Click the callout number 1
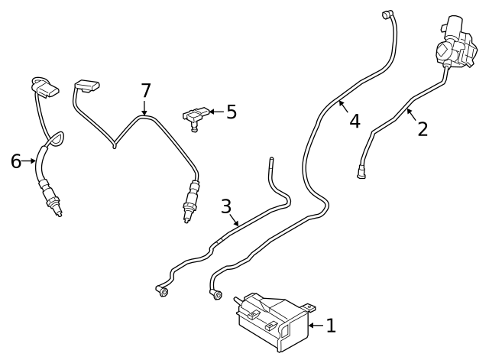pyautogui.click(x=331, y=326)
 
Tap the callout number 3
pyautogui.click(x=225, y=206)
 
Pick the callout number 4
pyautogui.click(x=355, y=121)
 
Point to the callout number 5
pyautogui.click(x=231, y=112)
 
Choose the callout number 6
pyautogui.click(x=16, y=161)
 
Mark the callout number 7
pyautogui.click(x=145, y=91)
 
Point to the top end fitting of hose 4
pyautogui.click(x=387, y=13)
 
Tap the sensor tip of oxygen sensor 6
pyautogui.click(x=57, y=209)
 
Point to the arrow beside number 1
pyautogui.click(x=314, y=326)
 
